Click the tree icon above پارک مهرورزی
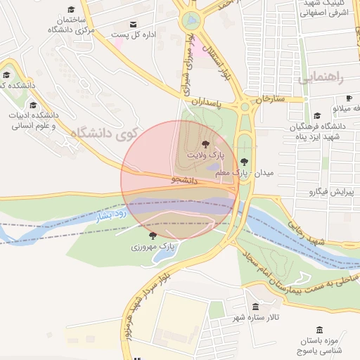click(x=153, y=236)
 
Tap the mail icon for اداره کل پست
click(x=134, y=24)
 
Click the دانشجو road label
click(x=184, y=180)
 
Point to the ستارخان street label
click(x=270, y=98)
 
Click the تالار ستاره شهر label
click(x=256, y=317)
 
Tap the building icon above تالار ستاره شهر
click(x=255, y=307)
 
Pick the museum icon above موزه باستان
click(x=319, y=330)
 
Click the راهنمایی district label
click(x=322, y=78)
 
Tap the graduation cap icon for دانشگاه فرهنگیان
click(x=317, y=116)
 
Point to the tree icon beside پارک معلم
click(x=244, y=162)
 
